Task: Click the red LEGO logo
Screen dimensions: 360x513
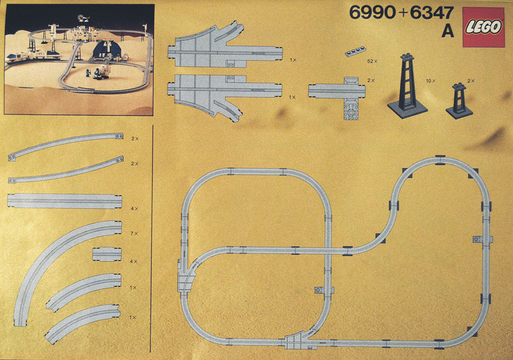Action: pos(483,27)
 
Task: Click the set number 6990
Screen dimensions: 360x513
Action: pos(372,13)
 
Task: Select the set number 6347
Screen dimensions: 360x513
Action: pos(432,13)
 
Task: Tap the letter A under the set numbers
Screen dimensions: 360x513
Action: pos(447,31)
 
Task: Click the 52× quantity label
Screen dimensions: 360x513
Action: pos(372,61)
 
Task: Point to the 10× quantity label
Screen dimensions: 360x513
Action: pos(430,80)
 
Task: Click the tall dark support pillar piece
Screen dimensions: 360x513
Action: pos(407,85)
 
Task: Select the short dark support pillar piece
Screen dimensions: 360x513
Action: pos(459,100)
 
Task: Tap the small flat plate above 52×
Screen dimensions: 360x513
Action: pos(356,51)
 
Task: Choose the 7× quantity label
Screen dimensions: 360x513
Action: pos(134,234)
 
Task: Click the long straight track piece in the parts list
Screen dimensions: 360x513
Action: pos(65,201)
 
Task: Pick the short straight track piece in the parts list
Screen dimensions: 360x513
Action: pos(107,254)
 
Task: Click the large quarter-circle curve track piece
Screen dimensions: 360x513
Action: pos(55,261)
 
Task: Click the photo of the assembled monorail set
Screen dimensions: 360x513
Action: pos(79,59)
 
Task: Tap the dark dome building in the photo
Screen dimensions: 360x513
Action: pos(107,50)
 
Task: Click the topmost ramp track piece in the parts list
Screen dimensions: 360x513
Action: pos(65,146)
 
